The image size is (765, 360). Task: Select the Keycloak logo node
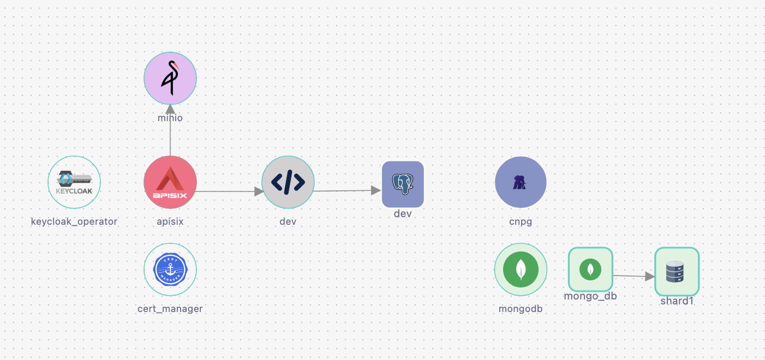(74, 182)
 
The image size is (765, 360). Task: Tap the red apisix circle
(170, 182)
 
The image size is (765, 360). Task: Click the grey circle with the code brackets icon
(288, 182)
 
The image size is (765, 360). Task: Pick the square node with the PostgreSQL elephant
(403, 184)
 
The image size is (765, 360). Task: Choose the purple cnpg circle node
(521, 182)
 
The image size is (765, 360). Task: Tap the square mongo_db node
(590, 269)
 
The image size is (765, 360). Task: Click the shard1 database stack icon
(677, 272)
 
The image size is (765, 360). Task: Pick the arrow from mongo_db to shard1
(633, 276)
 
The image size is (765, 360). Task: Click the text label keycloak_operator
(74, 221)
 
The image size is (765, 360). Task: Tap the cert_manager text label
(170, 309)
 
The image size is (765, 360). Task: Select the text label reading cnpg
(521, 221)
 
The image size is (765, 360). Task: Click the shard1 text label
(677, 301)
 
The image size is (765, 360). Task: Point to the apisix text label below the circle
(170, 221)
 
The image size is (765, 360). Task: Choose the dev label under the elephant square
(403, 214)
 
